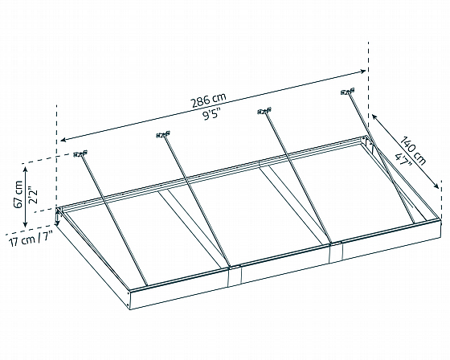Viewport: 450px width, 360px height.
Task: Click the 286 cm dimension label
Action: [209, 100]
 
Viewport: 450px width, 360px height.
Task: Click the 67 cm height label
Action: [18, 194]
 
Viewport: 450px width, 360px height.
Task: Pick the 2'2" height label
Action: [33, 195]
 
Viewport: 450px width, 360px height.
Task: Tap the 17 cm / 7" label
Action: [31, 239]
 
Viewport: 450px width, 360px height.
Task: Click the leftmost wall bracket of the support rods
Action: [80, 153]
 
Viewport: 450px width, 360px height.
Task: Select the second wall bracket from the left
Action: [163, 134]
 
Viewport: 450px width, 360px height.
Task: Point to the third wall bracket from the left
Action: [264, 111]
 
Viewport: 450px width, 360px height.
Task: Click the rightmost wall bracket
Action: [347, 92]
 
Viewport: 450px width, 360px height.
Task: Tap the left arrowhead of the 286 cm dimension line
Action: [63, 140]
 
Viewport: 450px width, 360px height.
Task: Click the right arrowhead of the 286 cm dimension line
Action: [362, 71]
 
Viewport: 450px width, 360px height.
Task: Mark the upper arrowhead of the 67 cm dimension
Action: [25, 170]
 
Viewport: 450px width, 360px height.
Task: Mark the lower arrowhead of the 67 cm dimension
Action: [25, 224]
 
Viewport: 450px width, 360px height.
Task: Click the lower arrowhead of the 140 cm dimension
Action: [436, 186]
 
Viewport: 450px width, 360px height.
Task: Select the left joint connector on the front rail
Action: [235, 276]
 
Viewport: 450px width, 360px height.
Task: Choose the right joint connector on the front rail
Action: [336, 252]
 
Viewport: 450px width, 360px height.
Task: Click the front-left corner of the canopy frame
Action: [130, 292]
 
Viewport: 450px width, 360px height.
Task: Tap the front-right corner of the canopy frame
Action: [440, 219]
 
